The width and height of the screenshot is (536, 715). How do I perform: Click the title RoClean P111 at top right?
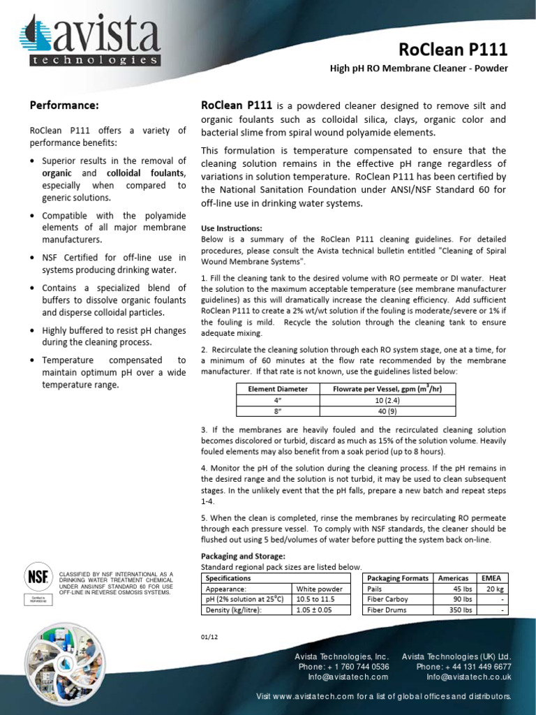tap(453, 50)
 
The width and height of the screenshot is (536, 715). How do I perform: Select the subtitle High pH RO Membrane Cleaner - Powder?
tap(419, 68)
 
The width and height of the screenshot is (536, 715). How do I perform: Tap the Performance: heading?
tap(64, 105)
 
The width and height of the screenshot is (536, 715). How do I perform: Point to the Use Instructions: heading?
tap(232, 228)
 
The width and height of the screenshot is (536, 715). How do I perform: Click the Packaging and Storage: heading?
tap(243, 556)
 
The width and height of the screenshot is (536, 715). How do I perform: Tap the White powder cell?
tap(320, 589)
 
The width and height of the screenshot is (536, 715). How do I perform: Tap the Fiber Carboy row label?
tap(389, 599)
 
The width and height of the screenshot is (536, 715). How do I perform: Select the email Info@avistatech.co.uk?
tap(469, 677)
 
